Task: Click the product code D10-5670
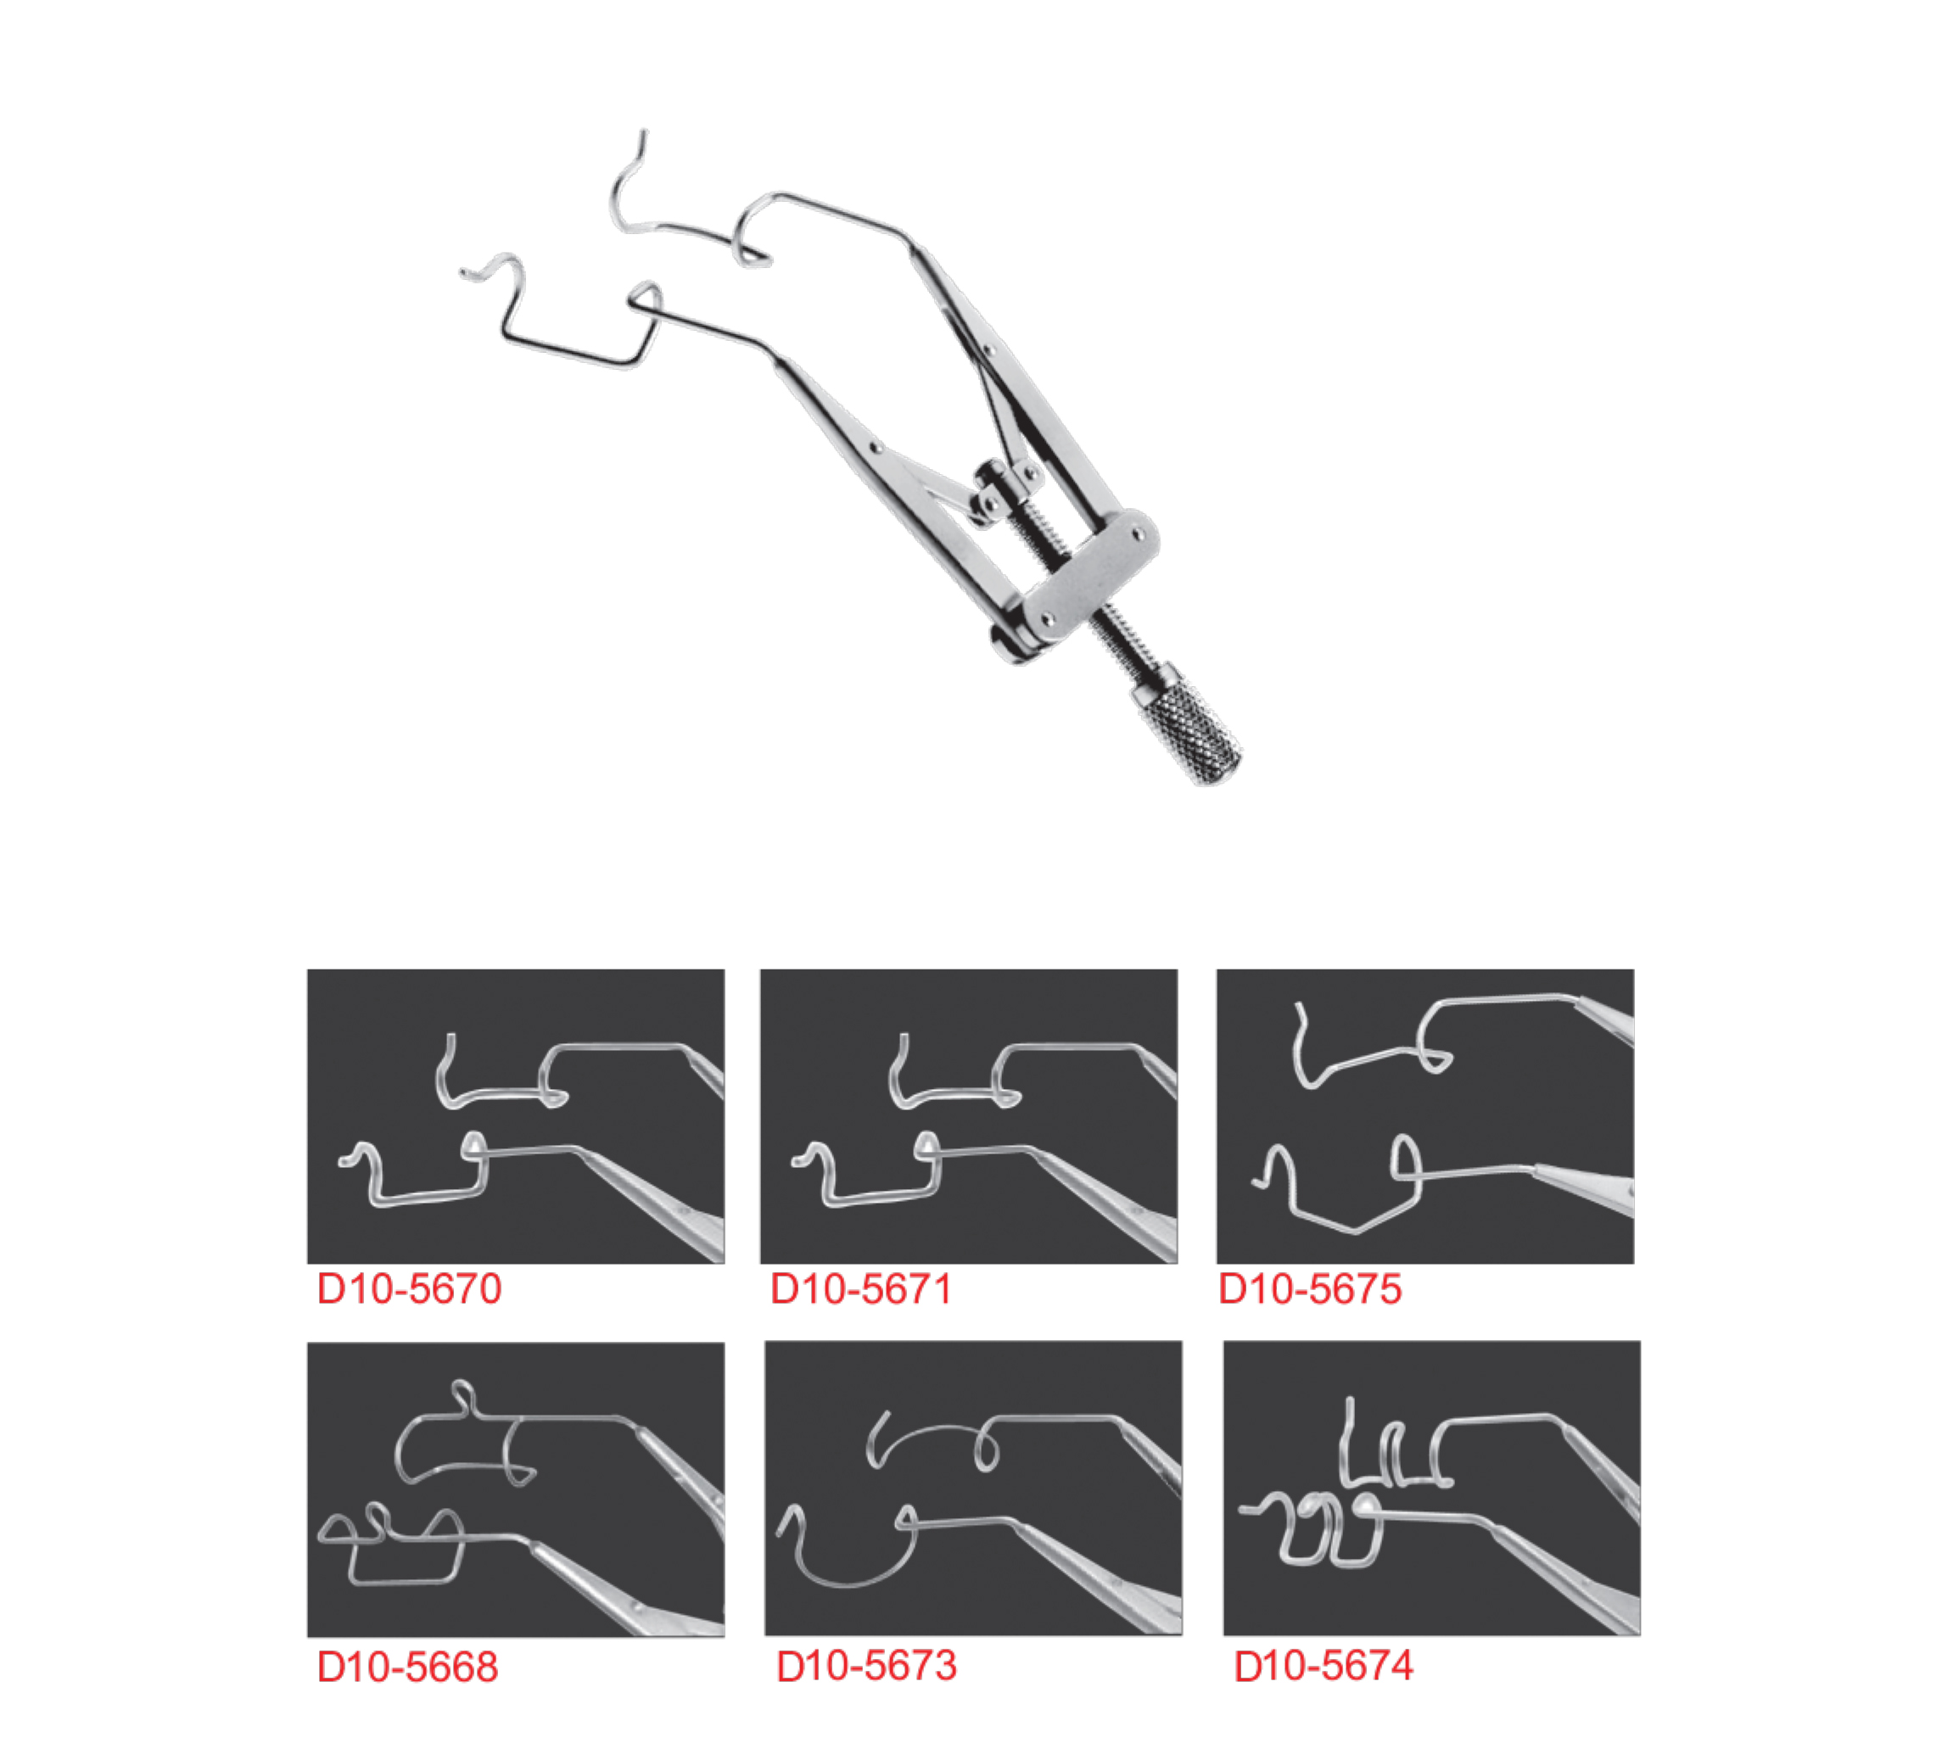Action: click(410, 1288)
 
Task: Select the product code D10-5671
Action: click(860, 1288)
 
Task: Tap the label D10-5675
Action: click(1310, 1288)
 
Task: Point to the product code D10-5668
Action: click(407, 1667)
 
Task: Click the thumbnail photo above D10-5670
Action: click(515, 1116)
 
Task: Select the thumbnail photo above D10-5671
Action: click(968, 1116)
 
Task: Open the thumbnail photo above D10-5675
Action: click(1424, 1116)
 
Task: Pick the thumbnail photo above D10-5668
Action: click(515, 1489)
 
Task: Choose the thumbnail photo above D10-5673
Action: click(973, 1489)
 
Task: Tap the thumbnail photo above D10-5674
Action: click(1431, 1489)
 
